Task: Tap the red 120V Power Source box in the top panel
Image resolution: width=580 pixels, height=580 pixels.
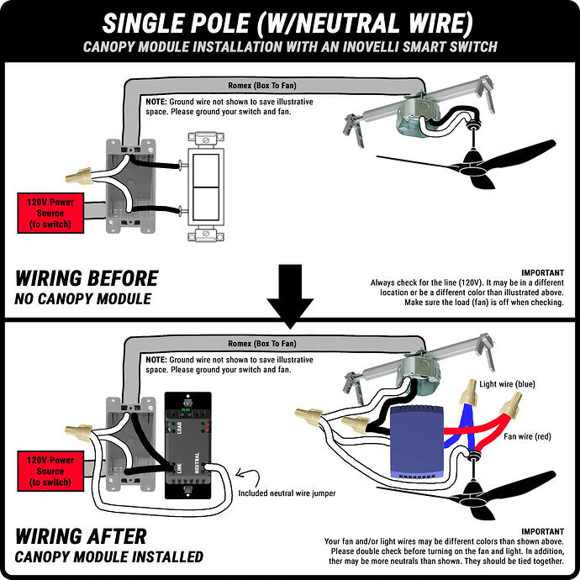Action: (50, 213)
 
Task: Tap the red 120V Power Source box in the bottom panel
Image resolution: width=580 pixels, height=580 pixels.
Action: (50, 472)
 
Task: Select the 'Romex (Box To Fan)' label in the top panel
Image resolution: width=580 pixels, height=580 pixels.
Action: (261, 85)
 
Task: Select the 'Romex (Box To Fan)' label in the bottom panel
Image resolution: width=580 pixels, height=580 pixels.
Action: (261, 344)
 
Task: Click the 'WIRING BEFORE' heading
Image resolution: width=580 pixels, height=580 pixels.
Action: (87, 278)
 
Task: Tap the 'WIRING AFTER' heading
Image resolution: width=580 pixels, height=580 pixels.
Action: (81, 536)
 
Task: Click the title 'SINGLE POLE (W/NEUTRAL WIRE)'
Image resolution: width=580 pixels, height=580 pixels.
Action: (289, 20)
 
